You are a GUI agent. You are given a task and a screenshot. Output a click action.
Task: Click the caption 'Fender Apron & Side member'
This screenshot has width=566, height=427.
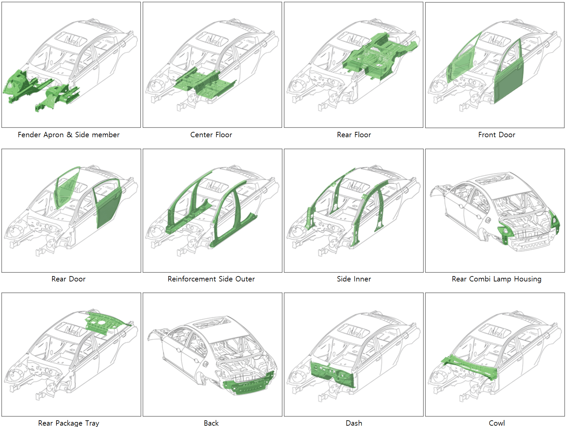68,135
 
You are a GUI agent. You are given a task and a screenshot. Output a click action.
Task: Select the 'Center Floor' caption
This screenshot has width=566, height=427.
211,135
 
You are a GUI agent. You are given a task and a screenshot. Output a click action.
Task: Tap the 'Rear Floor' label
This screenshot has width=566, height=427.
354,135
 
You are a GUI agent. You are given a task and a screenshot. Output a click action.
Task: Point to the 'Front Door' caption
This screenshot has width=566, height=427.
497,135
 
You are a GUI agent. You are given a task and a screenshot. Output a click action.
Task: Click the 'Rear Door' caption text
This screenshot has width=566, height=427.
68,279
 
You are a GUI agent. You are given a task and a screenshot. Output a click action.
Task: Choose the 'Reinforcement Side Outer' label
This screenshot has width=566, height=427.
211,279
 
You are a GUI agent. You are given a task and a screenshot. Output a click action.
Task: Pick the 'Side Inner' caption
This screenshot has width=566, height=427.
354,279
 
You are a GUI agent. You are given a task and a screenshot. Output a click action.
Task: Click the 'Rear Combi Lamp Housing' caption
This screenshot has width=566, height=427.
497,279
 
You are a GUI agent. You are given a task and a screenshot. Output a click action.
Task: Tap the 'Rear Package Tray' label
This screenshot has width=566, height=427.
68,423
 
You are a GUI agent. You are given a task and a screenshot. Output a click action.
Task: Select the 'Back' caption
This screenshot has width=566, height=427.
211,423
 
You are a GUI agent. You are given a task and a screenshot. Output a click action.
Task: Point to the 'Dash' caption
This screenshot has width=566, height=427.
354,423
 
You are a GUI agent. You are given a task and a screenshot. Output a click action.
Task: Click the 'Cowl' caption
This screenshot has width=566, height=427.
497,423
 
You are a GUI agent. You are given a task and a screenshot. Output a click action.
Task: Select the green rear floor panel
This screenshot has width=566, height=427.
377,57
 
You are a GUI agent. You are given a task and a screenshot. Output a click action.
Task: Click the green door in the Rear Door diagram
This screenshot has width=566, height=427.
109,210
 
